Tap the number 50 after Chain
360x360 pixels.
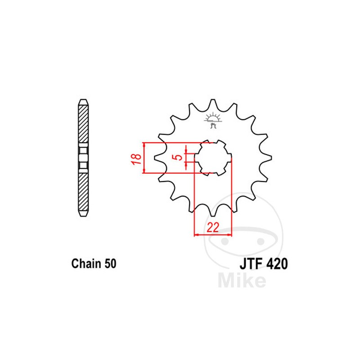110,264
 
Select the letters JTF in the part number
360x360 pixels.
248,264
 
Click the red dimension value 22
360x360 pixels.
212,228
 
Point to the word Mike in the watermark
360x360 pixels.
241,281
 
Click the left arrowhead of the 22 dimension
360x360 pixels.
196,234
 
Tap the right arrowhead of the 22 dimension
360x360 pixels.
229,234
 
